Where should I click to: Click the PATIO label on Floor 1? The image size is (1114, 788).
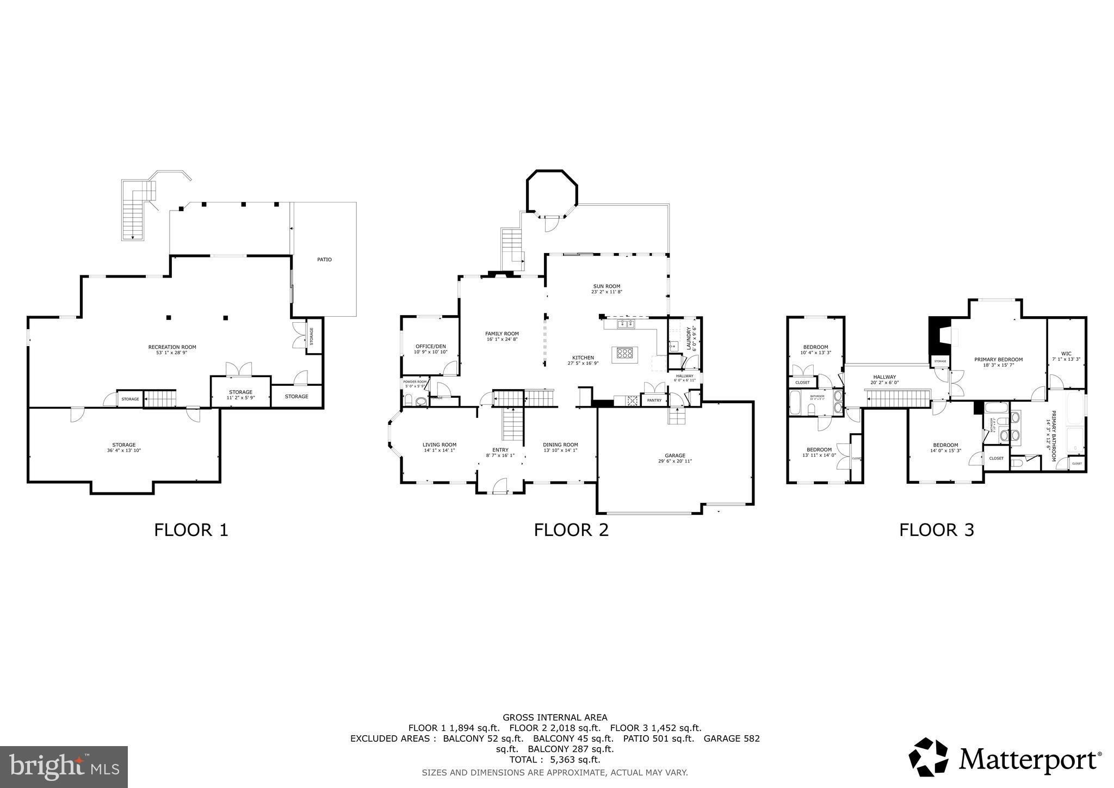coord(324,260)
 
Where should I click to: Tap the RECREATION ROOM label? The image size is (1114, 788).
coord(172,347)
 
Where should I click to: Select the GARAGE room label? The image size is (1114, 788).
coord(674,455)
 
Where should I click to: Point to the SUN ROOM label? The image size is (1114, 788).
coord(606,286)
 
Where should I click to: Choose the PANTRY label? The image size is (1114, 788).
coord(654,401)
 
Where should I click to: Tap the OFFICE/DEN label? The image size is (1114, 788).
coord(430,346)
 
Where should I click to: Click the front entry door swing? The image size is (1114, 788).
coord(499,485)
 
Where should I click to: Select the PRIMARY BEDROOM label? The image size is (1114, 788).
coord(998,359)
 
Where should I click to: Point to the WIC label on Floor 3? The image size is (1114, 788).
coord(1066,353)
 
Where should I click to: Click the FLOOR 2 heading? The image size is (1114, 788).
coord(571,530)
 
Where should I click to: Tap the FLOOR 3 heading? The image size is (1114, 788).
coord(936,530)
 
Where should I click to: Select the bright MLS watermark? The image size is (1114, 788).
coord(64,767)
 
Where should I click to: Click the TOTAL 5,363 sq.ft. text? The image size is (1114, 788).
coord(554,760)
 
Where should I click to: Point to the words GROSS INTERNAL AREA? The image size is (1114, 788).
coord(555,717)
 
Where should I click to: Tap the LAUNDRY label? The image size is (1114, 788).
coord(689,338)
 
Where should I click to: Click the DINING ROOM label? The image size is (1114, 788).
coord(560,445)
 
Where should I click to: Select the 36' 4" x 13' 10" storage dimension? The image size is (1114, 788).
coord(124,451)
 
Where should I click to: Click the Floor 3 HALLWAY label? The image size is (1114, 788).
coord(884,377)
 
